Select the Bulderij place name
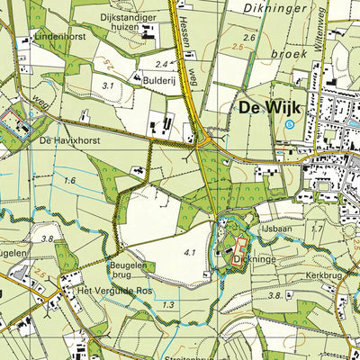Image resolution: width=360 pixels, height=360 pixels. pyautogui.click(x=157, y=79)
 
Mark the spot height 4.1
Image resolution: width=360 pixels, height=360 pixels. pyautogui.click(x=190, y=253)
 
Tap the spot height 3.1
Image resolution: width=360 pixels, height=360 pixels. pyautogui.click(x=111, y=85)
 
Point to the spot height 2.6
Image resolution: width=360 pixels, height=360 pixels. pyautogui.click(x=249, y=38)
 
